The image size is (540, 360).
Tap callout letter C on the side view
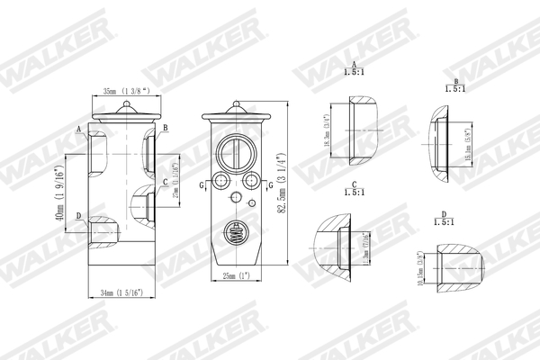click(x=165, y=183)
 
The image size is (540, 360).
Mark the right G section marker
click(x=270, y=184)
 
